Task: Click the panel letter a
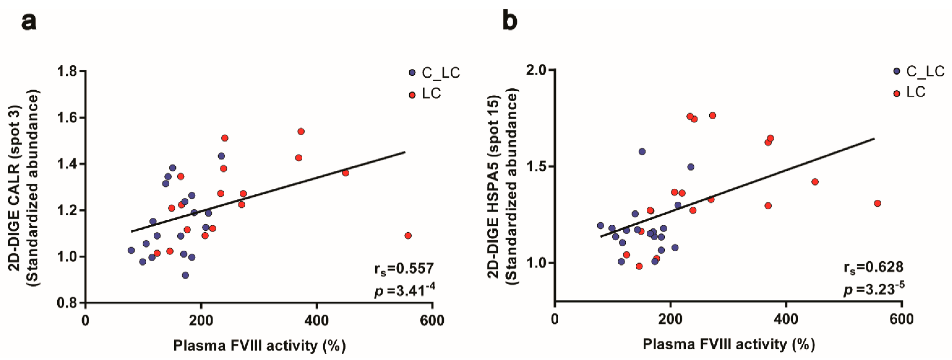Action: [29, 22]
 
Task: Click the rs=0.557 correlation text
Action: [404, 269]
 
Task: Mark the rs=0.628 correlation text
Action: [873, 267]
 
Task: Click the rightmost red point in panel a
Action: [408, 236]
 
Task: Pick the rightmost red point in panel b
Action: [877, 203]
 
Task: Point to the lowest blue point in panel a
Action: [186, 275]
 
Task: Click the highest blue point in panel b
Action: [642, 151]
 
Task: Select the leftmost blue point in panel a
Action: [131, 250]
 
